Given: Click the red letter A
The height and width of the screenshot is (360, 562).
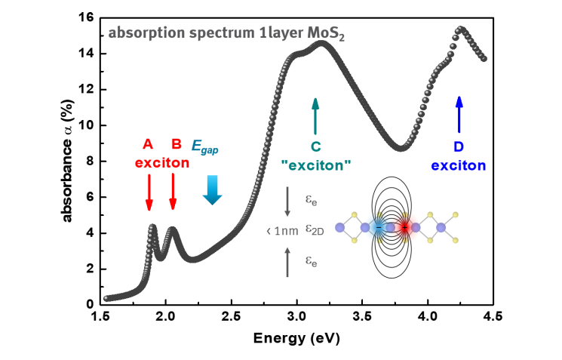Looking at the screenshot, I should pos(149,144).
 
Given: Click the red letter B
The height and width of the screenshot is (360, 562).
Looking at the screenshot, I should pos(177,144).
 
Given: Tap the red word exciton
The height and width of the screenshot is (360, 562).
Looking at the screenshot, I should pos(162,162).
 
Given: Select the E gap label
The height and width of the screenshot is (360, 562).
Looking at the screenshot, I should pos(204,148).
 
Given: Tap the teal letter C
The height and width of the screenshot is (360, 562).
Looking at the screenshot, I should pos(316,146).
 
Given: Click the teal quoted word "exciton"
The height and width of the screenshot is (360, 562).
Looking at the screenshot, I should pos(316,165).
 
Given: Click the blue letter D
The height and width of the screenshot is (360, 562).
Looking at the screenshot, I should pos(459,147).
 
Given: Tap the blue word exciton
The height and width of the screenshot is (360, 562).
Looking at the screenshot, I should pos(459,165).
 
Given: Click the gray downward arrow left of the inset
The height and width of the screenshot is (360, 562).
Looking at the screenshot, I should pos(287,202).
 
